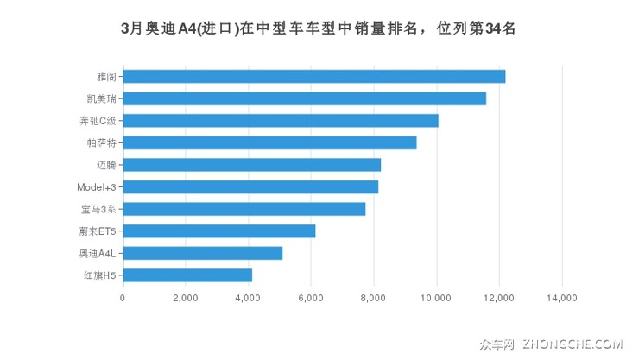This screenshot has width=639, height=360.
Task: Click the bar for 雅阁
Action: [x=313, y=76]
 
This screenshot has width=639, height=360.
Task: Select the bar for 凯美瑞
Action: [x=304, y=98]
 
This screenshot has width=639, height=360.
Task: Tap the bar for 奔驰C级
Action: [x=281, y=121]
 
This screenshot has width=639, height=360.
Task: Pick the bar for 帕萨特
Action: [x=269, y=142]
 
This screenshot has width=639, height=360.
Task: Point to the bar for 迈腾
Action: [x=251, y=165]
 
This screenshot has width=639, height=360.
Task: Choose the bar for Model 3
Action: [x=250, y=186]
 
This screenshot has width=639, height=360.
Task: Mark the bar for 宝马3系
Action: [x=244, y=209]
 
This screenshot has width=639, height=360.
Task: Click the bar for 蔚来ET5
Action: [x=218, y=231]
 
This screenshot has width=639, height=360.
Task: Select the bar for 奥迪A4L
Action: [x=202, y=253]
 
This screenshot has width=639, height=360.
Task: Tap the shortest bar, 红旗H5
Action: [x=187, y=275]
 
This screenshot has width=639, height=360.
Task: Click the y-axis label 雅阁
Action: [x=107, y=76]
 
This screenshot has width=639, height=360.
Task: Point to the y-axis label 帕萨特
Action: [x=102, y=142]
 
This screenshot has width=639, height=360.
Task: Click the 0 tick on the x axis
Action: [x=123, y=298]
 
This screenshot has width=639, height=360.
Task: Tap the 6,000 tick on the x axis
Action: [x=311, y=298]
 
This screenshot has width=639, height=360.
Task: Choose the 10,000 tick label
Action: [x=437, y=298]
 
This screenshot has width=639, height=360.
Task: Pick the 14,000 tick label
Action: [x=562, y=298]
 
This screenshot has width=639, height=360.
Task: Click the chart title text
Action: [x=319, y=28]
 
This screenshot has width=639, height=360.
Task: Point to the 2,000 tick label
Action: [x=186, y=298]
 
